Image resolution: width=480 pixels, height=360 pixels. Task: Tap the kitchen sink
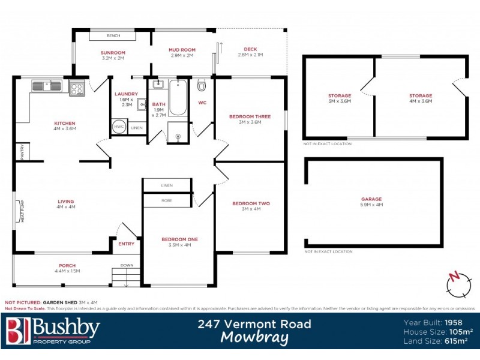pyautogui.click(x=46, y=86)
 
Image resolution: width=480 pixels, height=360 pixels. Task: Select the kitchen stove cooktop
pyautogui.click(x=77, y=88)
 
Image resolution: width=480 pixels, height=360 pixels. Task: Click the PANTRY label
pyautogui.click(x=21, y=151)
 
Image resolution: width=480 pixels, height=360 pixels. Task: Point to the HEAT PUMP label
pyautogui.click(x=22, y=212)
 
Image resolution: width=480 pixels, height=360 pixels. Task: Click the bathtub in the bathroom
pyautogui.click(x=177, y=97)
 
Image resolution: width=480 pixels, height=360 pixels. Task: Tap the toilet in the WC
pyautogui.click(x=202, y=86)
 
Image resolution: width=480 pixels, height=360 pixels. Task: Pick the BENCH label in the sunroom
pyautogui.click(x=113, y=35)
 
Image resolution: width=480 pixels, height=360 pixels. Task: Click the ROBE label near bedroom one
pyautogui.click(x=167, y=200)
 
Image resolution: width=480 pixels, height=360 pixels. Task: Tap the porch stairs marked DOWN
pyautogui.click(x=126, y=277)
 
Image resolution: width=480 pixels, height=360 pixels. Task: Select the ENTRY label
pyautogui.click(x=127, y=244)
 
